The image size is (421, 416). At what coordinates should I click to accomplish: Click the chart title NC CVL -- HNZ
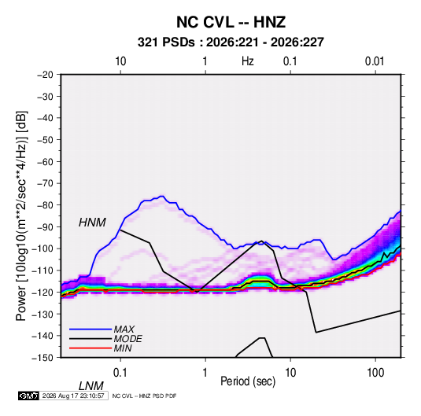coord(231,22)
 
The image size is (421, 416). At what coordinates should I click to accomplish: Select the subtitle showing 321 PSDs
coord(231,42)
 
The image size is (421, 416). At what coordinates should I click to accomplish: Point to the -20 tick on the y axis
coord(45,75)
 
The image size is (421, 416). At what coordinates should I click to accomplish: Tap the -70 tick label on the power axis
coord(45,183)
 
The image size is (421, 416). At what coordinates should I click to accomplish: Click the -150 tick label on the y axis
coord(43,358)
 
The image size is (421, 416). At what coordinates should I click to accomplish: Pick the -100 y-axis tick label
coord(43,248)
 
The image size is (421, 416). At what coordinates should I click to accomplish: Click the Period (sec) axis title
coord(248,381)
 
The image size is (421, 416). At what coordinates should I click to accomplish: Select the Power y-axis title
coord(21,216)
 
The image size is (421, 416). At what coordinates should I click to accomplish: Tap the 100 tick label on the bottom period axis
coord(375,373)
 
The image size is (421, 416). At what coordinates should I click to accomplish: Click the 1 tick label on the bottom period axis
coord(205,373)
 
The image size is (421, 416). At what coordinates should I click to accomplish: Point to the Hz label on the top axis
coord(248,61)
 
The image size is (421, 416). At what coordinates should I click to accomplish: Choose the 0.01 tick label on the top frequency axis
coord(375,61)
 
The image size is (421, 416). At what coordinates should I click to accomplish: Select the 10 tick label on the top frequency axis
coord(120,61)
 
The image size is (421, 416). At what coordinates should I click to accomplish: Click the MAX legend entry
coord(124,329)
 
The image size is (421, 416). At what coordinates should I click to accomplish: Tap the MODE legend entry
coord(127,339)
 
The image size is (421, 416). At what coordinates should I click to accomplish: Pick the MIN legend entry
coord(123,348)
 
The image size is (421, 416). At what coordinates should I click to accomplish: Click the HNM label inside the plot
coord(92,223)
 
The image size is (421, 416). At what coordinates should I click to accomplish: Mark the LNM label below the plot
coord(91,386)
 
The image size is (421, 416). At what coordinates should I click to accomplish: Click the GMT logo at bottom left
coord(28,396)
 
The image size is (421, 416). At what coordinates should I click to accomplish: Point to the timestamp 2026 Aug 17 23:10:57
coord(73,396)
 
